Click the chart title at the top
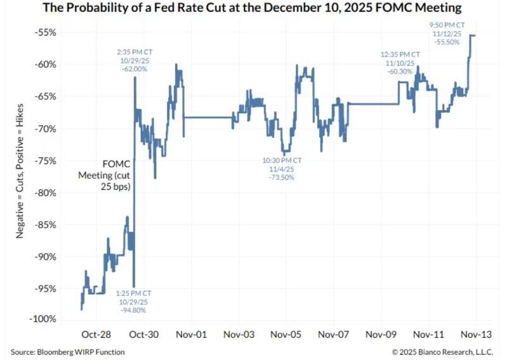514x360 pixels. (x=252, y=8)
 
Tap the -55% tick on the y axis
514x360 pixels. (x=45, y=33)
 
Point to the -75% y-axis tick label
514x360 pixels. (x=45, y=161)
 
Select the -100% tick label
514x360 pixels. (x=43, y=319)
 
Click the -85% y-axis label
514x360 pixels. (x=45, y=225)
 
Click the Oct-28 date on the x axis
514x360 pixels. (x=96, y=335)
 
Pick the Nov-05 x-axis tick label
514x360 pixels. (x=286, y=335)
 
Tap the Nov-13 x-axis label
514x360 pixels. (x=476, y=335)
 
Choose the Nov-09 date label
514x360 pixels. (x=381, y=335)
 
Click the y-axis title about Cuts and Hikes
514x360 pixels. (x=20, y=171)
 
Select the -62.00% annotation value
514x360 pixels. (x=135, y=69)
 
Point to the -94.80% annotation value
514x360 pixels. (x=133, y=310)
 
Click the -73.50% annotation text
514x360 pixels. (x=282, y=177)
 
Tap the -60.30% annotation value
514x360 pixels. (x=400, y=72)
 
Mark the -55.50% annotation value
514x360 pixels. (x=447, y=42)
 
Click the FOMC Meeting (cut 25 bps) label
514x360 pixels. (x=104, y=175)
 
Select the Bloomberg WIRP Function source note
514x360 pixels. (x=67, y=352)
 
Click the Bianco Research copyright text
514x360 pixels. (x=442, y=352)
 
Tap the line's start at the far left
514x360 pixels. (x=81, y=309)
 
